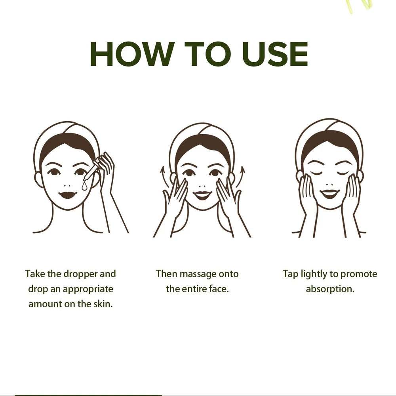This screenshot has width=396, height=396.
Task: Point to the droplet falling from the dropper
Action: (85, 185)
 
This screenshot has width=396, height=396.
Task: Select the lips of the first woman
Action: (68, 195)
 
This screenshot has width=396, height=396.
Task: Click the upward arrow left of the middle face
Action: (162, 175)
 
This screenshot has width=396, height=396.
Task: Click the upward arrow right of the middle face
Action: (242, 175)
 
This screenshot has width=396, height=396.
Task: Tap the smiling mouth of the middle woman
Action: (202, 194)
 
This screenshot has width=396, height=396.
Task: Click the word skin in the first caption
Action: (104, 304)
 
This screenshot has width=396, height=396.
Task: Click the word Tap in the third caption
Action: (290, 274)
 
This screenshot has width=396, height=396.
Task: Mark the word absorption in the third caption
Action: (329, 289)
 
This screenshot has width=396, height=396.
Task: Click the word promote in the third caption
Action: (358, 274)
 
